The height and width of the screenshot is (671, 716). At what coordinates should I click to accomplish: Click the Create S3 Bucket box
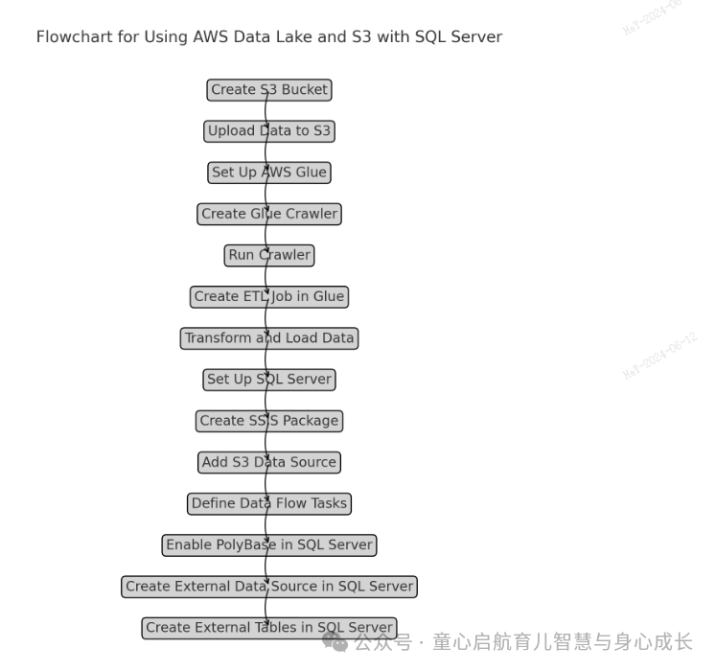click(269, 90)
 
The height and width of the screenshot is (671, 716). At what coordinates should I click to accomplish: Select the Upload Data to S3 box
click(269, 131)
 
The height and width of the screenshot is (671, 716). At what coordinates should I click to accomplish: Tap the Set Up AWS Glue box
click(269, 173)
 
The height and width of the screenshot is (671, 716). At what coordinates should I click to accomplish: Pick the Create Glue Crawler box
click(269, 214)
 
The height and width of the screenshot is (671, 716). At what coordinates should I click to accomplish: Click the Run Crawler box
click(269, 255)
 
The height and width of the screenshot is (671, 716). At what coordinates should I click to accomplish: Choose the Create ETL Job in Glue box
click(269, 297)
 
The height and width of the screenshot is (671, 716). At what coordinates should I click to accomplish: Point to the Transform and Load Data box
click(269, 338)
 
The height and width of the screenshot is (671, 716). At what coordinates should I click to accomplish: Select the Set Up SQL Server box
click(269, 380)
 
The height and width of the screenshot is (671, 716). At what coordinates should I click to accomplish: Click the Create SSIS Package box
click(269, 421)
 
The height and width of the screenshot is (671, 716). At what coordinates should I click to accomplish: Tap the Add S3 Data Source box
click(269, 462)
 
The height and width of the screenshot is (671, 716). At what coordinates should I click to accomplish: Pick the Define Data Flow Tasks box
click(269, 503)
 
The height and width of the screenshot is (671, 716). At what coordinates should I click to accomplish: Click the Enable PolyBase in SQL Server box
click(269, 544)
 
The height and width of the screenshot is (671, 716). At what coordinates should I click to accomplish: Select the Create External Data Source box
click(269, 587)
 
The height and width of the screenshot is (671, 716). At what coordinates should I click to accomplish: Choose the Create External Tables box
click(269, 628)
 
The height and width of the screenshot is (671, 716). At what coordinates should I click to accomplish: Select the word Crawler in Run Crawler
click(285, 255)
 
